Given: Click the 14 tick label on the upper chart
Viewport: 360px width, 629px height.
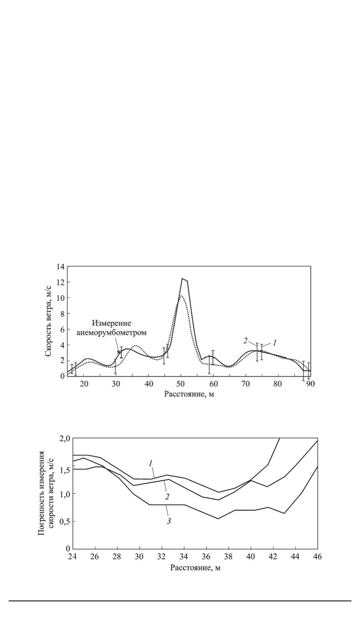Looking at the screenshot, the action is pyautogui.click(x=60, y=266).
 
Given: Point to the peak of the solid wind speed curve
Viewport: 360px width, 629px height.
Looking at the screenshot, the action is pyautogui.click(x=182, y=279).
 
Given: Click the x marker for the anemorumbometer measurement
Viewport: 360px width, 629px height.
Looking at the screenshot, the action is pyautogui.click(x=119, y=352).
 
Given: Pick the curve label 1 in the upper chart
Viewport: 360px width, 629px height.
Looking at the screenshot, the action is pyautogui.click(x=275, y=343).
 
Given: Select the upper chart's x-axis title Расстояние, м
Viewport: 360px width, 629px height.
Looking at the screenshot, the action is pyautogui.click(x=189, y=394).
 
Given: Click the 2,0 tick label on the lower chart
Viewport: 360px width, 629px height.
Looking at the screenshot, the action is pyautogui.click(x=65, y=438).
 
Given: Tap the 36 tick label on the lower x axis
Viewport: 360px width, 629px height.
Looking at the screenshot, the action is pyautogui.click(x=206, y=557).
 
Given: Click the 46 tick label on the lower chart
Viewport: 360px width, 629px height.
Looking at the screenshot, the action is pyautogui.click(x=318, y=557).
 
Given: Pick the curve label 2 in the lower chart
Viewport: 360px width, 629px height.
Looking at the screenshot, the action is pyautogui.click(x=167, y=497).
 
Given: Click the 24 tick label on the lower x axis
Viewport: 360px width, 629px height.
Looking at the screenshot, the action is pyautogui.click(x=73, y=557).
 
